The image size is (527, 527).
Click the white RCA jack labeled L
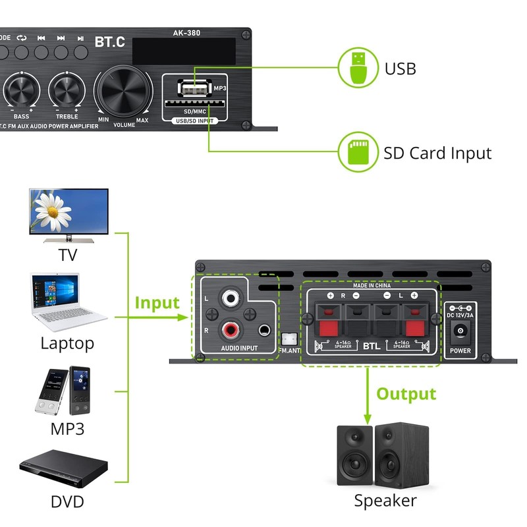pyautogui.click(x=231, y=298)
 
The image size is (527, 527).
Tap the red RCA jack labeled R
pyautogui.click(x=231, y=328)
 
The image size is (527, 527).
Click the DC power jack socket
pyautogui.click(x=460, y=331)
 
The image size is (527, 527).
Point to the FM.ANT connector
pyautogui.click(x=288, y=339)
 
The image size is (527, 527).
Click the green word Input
pyautogui.click(x=157, y=303)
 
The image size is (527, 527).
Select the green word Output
pyautogui.click(x=406, y=394)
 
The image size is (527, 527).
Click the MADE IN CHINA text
pyautogui.click(x=372, y=285)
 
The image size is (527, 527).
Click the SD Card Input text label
pyautogui.click(x=437, y=153)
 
